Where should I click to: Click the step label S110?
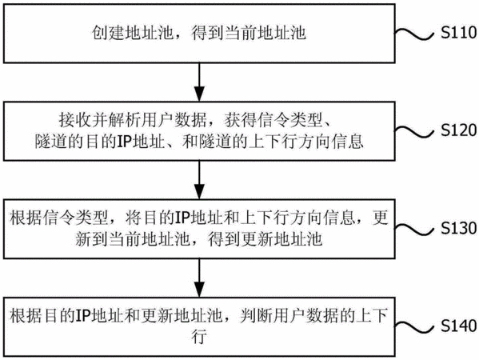(x=458, y=32)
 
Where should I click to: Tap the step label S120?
(x=458, y=130)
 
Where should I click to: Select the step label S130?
(x=458, y=228)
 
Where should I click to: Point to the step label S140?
(x=458, y=326)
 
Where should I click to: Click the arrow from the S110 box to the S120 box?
(x=199, y=82)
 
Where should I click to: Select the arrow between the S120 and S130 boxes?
(x=199, y=180)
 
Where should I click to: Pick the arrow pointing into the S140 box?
(x=199, y=278)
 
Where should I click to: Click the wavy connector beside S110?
(x=414, y=34)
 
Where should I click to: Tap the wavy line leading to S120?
(x=414, y=132)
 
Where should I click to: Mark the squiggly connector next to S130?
(x=414, y=230)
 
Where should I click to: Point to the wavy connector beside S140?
(x=414, y=327)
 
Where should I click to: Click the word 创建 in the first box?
(x=108, y=33)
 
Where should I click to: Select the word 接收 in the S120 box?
(x=75, y=121)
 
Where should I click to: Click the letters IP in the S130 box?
(x=182, y=218)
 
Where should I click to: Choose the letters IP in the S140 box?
(x=84, y=316)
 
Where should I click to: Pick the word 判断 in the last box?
(x=256, y=316)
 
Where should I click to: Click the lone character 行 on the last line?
(x=199, y=337)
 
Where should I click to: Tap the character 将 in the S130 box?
(x=134, y=218)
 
